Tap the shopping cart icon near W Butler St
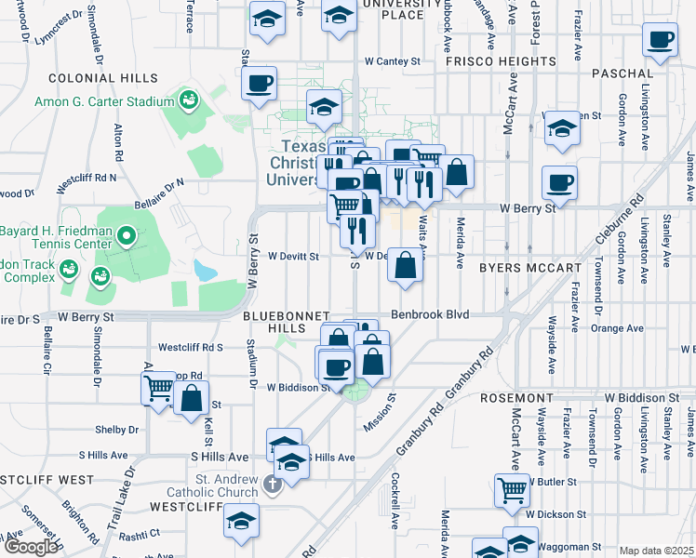point(511,489)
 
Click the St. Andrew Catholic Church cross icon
point(270,483)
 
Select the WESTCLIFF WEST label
point(47,480)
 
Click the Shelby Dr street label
point(116,430)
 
